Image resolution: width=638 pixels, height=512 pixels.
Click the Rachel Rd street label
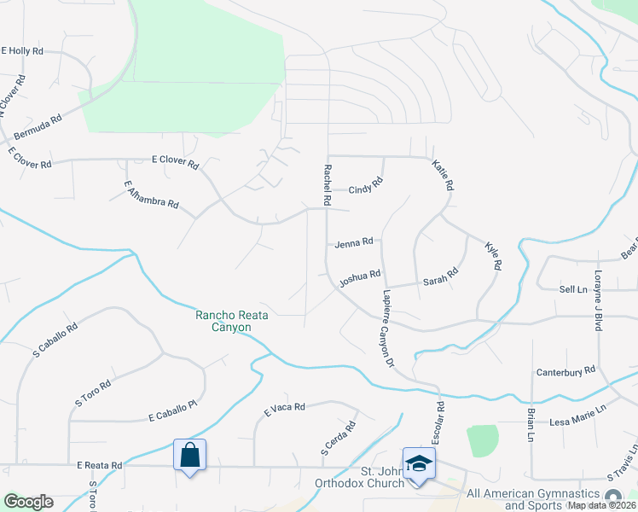tap(326, 184)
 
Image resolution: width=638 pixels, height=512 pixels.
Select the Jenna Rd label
tap(354, 242)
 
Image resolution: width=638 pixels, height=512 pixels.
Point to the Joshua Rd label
tap(359, 277)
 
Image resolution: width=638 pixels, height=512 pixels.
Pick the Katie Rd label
tap(443, 175)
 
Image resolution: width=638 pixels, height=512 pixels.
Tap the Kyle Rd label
tap(492, 255)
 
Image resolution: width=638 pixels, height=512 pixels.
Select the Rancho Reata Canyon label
tap(232, 321)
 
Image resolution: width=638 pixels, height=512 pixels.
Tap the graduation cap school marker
tap(419, 463)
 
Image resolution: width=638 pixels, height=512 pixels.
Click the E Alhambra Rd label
tap(151, 195)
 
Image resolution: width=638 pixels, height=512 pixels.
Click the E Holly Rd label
tap(22, 51)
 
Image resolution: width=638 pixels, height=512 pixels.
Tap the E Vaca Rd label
tap(284, 408)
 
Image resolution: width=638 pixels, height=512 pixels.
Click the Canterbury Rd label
tap(565, 372)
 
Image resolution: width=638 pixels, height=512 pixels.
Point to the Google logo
tap(28, 501)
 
